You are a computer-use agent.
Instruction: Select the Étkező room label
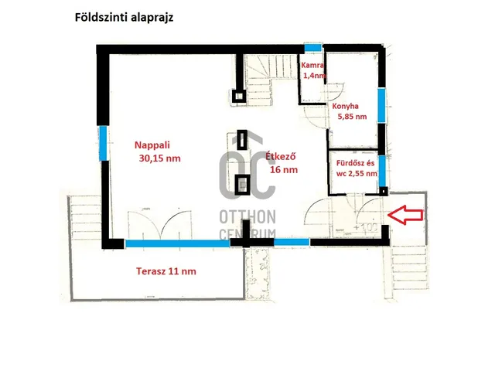pyautogui.click(x=281, y=156)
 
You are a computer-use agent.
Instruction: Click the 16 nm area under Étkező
pyautogui.click(x=282, y=172)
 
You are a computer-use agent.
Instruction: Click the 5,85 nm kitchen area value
pyautogui.click(x=352, y=117)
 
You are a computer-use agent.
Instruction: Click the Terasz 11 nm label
pyautogui.click(x=153, y=271)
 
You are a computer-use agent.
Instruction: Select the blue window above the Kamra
pyautogui.click(x=311, y=49)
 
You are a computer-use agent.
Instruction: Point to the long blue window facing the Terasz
pyautogui.click(x=177, y=243)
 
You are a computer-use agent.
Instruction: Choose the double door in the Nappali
pyautogui.click(x=163, y=226)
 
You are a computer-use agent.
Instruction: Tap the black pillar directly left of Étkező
pyautogui.click(x=242, y=140)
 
